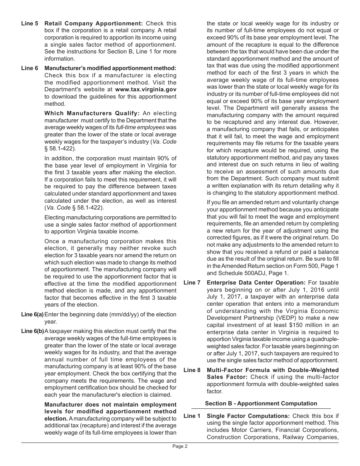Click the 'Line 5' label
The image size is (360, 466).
[30, 23]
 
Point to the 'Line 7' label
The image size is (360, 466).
[192, 283]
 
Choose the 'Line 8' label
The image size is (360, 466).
[192, 370]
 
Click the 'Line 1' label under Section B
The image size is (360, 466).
[192, 416]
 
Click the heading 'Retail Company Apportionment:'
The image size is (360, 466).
[94, 23]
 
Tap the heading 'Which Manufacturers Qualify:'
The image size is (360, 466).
[92, 113]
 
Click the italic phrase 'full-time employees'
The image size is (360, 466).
[140, 127]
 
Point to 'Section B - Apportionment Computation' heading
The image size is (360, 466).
[261, 403]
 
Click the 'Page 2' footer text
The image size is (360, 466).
[180, 446]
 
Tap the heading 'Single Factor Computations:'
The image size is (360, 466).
[248, 416]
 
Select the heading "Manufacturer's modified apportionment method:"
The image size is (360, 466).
[110, 68]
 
